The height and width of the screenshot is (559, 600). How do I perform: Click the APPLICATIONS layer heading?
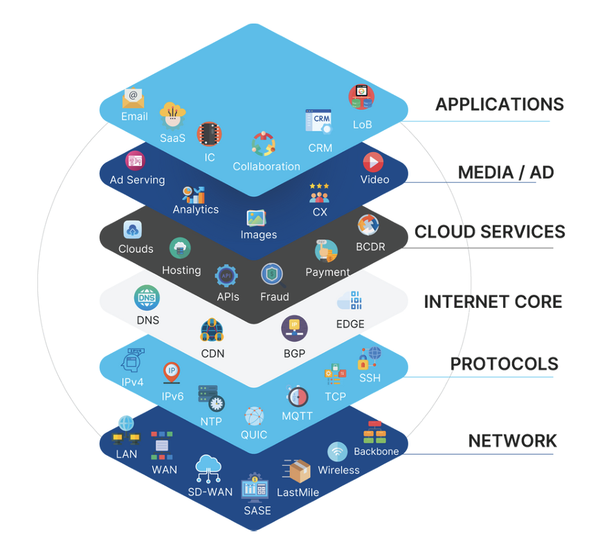pyautogui.click(x=499, y=104)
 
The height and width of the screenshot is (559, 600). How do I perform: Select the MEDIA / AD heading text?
pyautogui.click(x=506, y=172)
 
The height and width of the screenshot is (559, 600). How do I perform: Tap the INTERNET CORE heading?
pyautogui.click(x=493, y=302)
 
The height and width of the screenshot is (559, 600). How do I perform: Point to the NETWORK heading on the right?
pyautogui.click(x=512, y=441)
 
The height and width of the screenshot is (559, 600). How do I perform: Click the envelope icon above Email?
pyautogui.click(x=133, y=98)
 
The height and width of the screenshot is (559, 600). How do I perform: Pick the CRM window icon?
pyautogui.click(x=318, y=122)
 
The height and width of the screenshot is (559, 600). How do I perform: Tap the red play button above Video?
pyautogui.click(x=373, y=162)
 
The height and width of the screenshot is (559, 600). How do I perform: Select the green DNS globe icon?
pyautogui.click(x=147, y=298)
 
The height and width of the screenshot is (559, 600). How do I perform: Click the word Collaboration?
pyautogui.click(x=266, y=167)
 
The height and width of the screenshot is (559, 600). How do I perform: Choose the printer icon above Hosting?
pyautogui.click(x=180, y=248)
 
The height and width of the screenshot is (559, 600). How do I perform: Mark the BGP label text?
pyautogui.click(x=294, y=354)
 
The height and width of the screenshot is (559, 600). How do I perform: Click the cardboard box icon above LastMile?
pyautogui.click(x=298, y=471)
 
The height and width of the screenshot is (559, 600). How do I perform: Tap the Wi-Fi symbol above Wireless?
pyautogui.click(x=337, y=452)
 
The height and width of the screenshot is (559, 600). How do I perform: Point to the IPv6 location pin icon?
pyautogui.click(x=172, y=373)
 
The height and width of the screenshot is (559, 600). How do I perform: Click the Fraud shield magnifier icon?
pyautogui.click(x=272, y=275)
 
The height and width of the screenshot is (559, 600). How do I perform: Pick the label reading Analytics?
pyautogui.click(x=196, y=210)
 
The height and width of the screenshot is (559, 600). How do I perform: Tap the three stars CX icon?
pyautogui.click(x=319, y=194)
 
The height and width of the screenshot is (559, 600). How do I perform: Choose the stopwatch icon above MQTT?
pyautogui.click(x=297, y=396)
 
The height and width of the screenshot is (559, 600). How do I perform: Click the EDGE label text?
pyautogui.click(x=350, y=324)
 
